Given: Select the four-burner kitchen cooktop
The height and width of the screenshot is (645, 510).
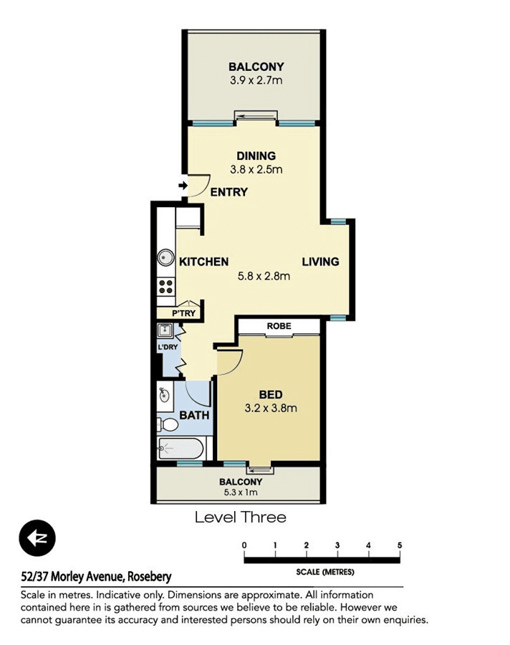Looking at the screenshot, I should coord(166,287).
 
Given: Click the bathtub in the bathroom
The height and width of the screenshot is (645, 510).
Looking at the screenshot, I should coord(181,449).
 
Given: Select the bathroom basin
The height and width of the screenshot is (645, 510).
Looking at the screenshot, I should coord(164,394).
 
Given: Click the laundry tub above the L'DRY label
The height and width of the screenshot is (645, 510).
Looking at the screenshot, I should coord(165,330).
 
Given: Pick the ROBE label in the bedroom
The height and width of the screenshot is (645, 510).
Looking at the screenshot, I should coord(279,325).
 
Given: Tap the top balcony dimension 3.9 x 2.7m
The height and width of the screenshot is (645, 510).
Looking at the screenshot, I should coord(256,80).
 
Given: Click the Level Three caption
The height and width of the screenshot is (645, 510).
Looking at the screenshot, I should coord(240,517).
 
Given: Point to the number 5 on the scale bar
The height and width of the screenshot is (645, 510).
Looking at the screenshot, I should coord(399,546).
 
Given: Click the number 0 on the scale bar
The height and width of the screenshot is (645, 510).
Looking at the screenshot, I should coord(244,546).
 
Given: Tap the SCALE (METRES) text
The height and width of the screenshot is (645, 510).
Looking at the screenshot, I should coord(324,572).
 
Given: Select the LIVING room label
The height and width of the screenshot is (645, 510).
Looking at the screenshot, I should coord(320,262).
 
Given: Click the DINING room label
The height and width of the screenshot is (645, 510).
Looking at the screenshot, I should coord(256,156).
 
